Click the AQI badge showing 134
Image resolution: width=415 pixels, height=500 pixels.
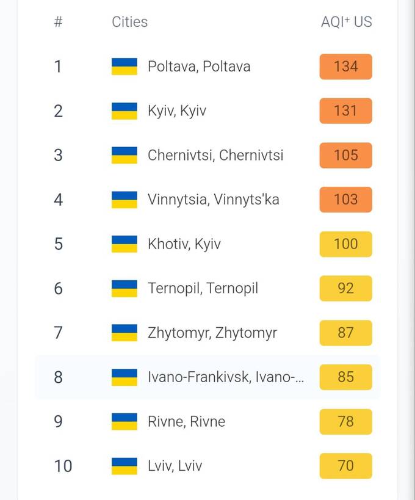(x=345, y=67)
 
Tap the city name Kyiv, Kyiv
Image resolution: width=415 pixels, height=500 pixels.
(x=177, y=111)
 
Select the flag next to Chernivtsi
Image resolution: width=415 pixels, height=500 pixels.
(x=125, y=155)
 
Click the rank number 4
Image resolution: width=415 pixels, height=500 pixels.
(x=58, y=200)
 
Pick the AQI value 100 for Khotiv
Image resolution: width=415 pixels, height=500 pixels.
(x=345, y=244)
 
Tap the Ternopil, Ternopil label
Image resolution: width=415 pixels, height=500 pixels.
(x=203, y=288)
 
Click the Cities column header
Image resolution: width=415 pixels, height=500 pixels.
(x=129, y=22)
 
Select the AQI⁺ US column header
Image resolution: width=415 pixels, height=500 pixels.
(x=346, y=22)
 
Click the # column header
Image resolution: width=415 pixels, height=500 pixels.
(x=58, y=22)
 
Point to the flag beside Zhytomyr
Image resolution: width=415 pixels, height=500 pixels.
(x=125, y=333)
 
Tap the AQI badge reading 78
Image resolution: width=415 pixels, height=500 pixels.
(x=345, y=422)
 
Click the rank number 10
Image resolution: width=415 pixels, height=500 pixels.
(x=63, y=466)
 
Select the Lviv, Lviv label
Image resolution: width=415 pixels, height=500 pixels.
(x=175, y=466)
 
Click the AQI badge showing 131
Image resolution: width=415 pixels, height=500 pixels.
(x=345, y=111)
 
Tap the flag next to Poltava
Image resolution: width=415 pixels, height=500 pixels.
(x=125, y=67)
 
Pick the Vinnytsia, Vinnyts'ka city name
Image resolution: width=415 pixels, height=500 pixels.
(x=213, y=200)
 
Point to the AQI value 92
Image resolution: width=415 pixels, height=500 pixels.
(x=345, y=288)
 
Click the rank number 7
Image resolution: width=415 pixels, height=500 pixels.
(x=58, y=333)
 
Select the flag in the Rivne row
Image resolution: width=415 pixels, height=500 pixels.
(x=125, y=422)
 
